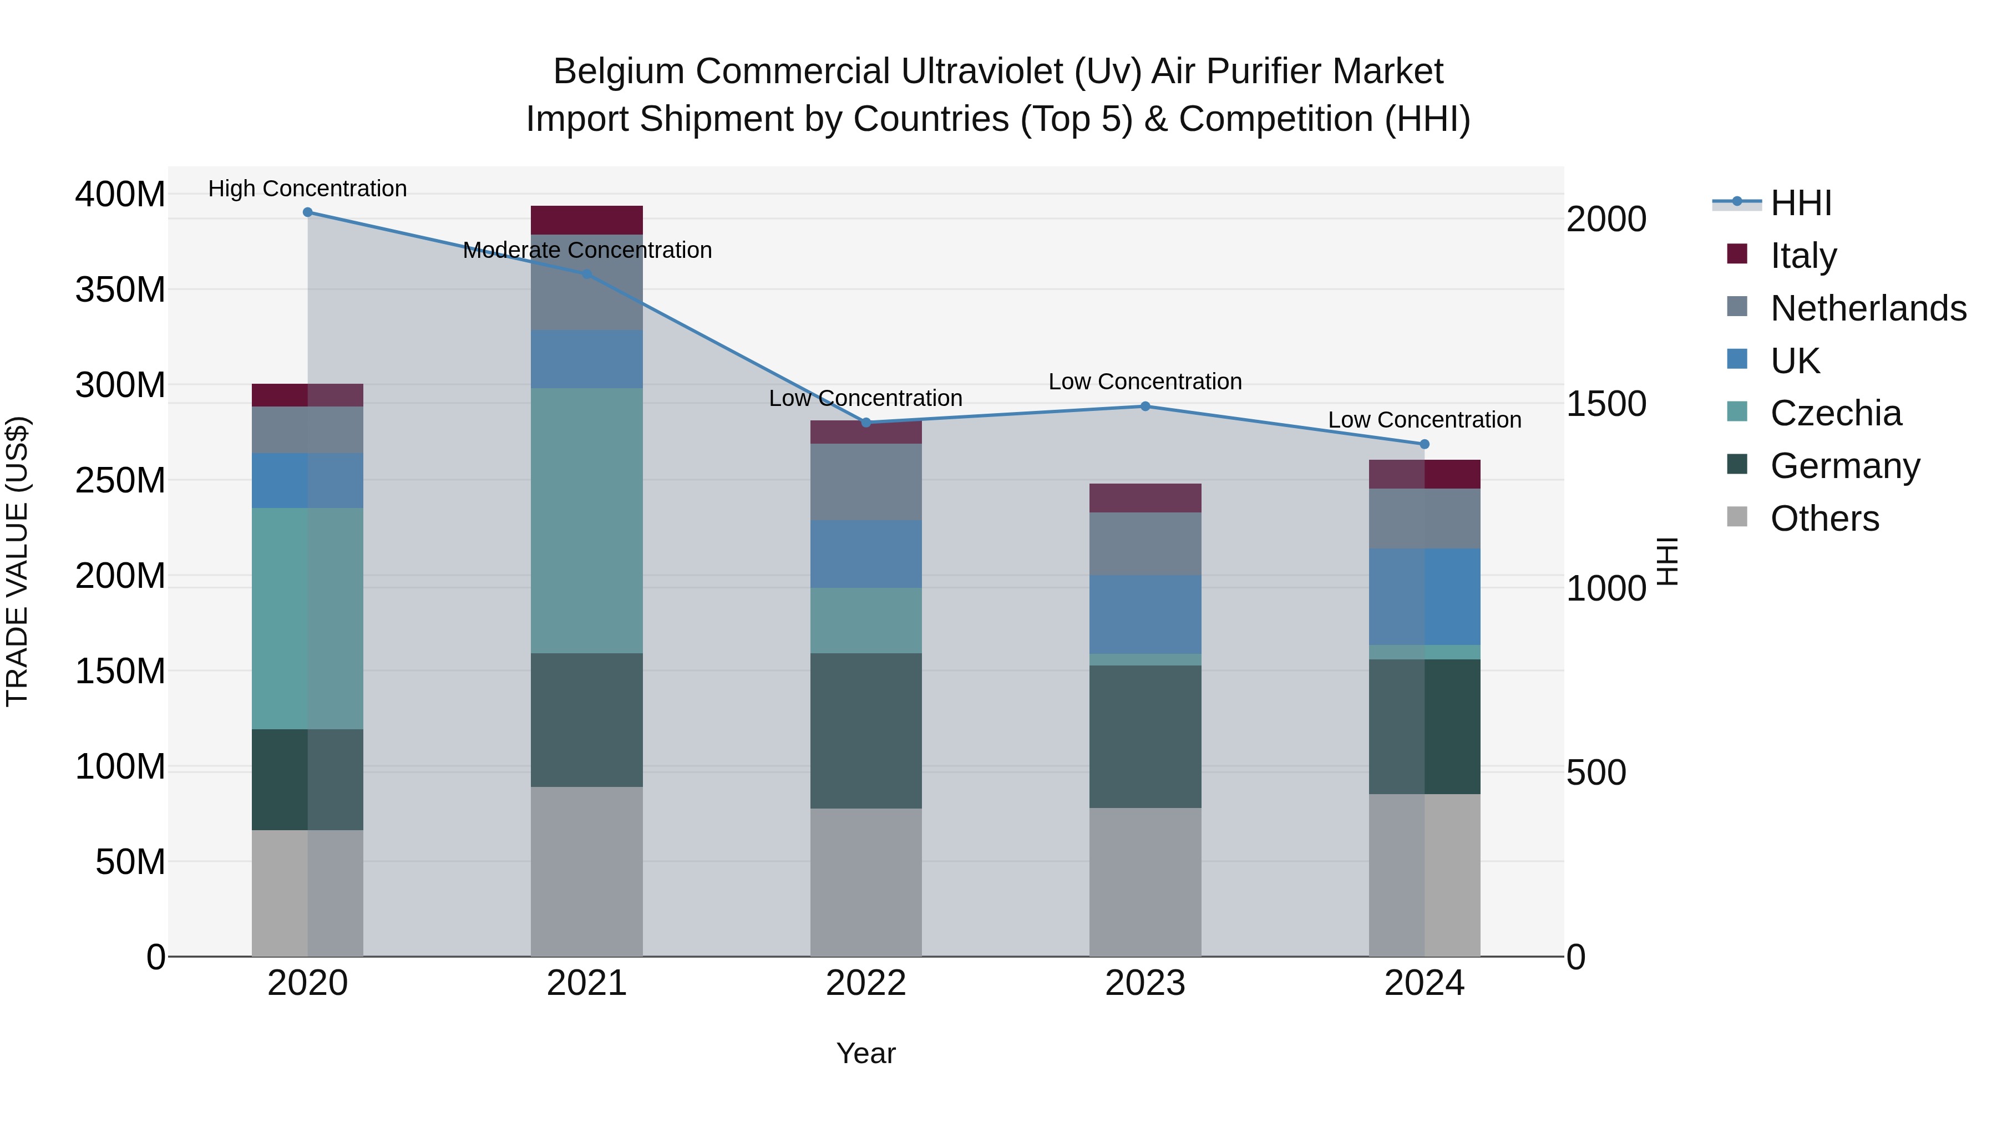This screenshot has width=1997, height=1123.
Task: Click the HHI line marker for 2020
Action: pyautogui.click(x=308, y=212)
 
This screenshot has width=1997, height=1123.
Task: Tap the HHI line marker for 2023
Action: pyautogui.click(x=1145, y=406)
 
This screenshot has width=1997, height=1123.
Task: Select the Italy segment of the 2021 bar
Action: pyautogui.click(x=587, y=220)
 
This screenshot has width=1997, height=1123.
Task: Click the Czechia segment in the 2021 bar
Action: pyautogui.click(x=587, y=520)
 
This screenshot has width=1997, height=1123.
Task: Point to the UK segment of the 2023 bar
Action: pyautogui.click(x=1145, y=614)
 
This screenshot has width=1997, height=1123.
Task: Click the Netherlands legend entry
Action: pyautogui.click(x=1868, y=308)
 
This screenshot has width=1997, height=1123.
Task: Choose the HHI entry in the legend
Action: pyautogui.click(x=1801, y=203)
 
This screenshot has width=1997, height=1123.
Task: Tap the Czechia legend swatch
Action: pyautogui.click(x=1737, y=411)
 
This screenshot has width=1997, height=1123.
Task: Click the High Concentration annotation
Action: pyautogui.click(x=308, y=189)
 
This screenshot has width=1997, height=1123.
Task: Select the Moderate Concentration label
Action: pyautogui.click(x=587, y=250)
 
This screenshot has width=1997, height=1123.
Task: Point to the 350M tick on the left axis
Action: pyautogui.click(x=120, y=290)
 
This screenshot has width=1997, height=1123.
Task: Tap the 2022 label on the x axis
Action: pyautogui.click(x=866, y=983)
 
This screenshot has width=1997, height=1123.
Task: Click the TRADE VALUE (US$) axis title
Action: pyautogui.click(x=17, y=561)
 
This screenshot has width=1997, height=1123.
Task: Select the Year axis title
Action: pyautogui.click(x=866, y=1053)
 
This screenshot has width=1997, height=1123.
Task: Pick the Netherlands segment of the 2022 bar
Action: pyautogui.click(x=866, y=481)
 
